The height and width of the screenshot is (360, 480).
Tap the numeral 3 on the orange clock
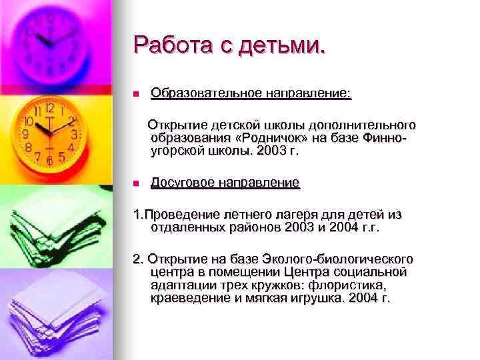click(x=75, y=133)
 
